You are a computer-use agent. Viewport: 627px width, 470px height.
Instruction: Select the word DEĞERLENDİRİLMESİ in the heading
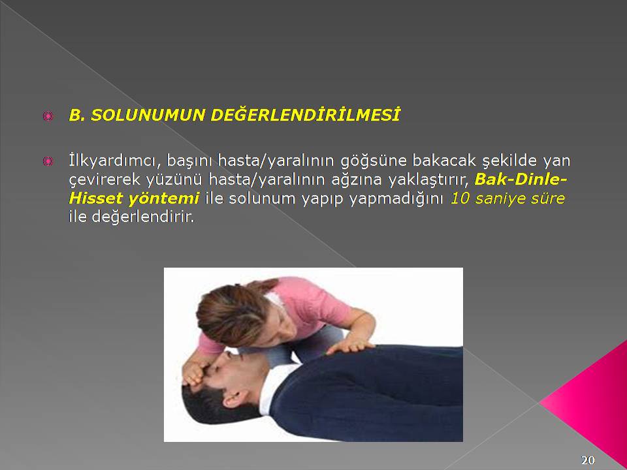(x=305, y=115)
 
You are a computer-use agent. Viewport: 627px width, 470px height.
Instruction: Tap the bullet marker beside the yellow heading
(x=48, y=116)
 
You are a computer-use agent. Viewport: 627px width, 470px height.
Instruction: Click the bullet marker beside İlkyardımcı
(x=48, y=161)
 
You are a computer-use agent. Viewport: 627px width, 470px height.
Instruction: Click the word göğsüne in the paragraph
(x=374, y=161)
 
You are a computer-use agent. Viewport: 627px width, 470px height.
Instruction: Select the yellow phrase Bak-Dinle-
(x=521, y=180)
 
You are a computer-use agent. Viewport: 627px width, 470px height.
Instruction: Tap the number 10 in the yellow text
(x=460, y=198)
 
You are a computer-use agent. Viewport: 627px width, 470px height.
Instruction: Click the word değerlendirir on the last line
(x=143, y=217)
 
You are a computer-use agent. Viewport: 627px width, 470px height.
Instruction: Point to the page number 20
(x=588, y=460)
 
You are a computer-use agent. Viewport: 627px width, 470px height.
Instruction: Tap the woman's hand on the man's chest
(x=349, y=346)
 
